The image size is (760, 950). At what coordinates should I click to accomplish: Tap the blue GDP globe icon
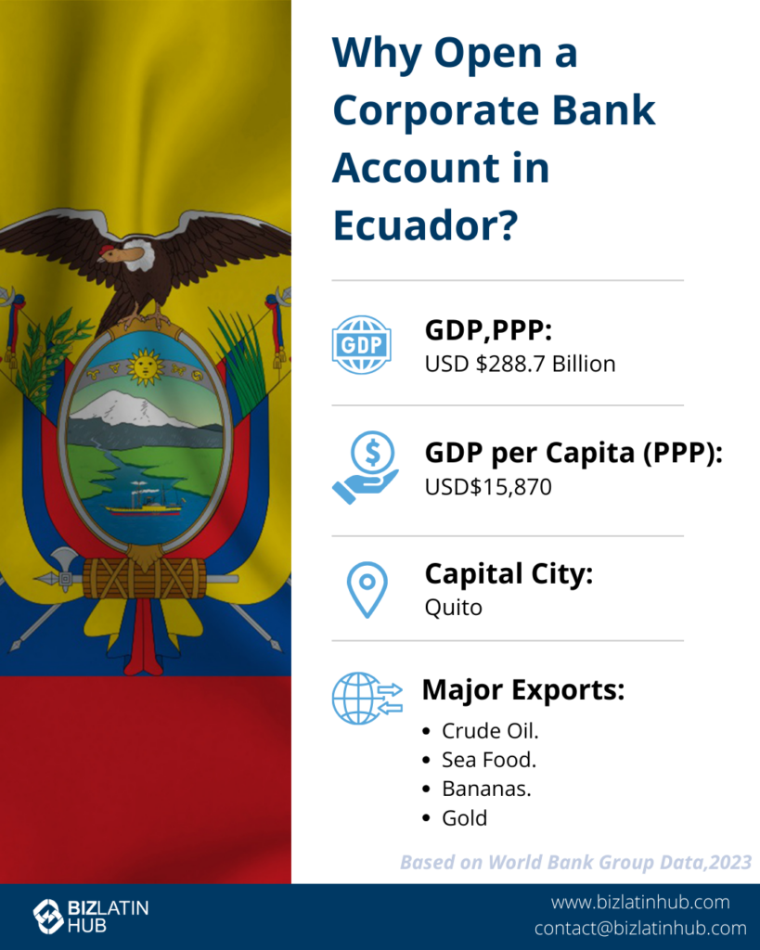(x=362, y=345)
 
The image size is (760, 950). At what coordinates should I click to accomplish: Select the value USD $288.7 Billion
(x=520, y=364)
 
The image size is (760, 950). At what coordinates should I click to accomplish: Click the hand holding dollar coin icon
(x=366, y=468)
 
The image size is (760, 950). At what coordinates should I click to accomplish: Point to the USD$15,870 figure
(x=488, y=487)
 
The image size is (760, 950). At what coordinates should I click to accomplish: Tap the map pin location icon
(x=367, y=590)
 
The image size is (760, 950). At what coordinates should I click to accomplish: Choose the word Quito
(x=454, y=607)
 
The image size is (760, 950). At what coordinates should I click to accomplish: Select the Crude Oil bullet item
(x=490, y=731)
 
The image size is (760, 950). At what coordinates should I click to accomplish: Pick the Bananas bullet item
(x=486, y=789)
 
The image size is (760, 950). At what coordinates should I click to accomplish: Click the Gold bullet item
(x=464, y=818)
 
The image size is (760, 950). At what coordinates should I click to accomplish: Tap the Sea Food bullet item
(x=489, y=760)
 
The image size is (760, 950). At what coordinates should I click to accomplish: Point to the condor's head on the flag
(x=125, y=254)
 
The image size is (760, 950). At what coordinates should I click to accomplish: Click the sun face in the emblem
(x=145, y=366)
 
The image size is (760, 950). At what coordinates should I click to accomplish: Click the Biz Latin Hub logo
(x=91, y=916)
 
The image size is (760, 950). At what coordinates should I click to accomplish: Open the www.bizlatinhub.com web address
(x=640, y=902)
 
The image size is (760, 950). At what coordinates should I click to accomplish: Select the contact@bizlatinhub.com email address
(x=640, y=928)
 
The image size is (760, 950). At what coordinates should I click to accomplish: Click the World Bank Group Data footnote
(x=575, y=862)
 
